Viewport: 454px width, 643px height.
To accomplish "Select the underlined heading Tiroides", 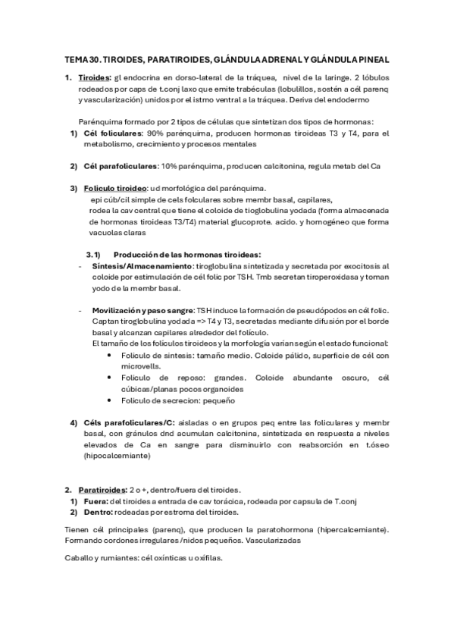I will click(95, 77).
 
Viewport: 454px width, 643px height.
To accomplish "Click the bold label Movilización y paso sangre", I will click(142, 311).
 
